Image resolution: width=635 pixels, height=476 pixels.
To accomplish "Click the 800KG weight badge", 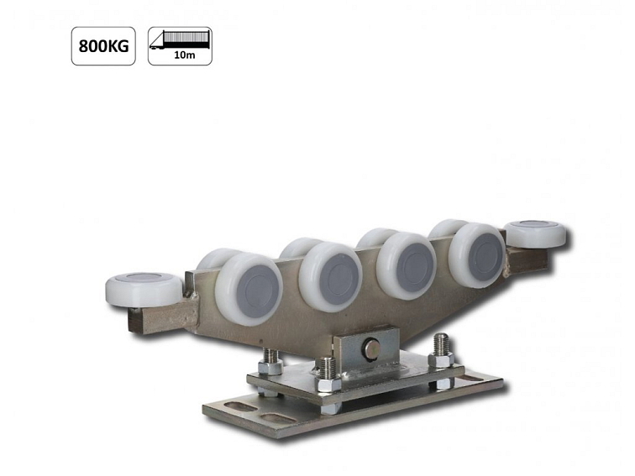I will tap(103, 46).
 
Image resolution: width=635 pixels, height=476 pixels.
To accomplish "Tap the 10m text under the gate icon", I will tap(180, 55).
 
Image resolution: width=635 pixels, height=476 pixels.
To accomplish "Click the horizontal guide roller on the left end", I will tap(144, 288).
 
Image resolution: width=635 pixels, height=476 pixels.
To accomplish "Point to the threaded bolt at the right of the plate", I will tap(441, 351).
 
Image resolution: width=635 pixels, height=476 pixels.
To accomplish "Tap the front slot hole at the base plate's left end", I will tap(270, 417).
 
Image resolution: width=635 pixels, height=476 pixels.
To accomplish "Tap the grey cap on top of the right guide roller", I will tap(535, 226).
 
